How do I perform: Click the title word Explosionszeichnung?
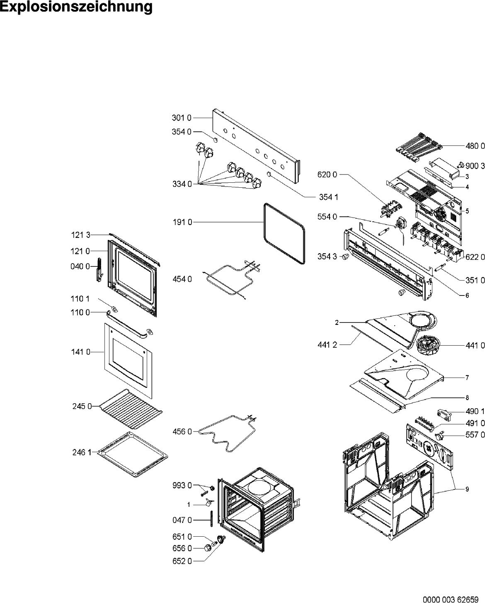point(76,7)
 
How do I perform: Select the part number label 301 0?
point(182,118)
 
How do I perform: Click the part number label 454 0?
point(182,279)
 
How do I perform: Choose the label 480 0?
point(475,146)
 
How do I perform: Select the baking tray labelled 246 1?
point(132,455)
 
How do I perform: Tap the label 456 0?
point(182,432)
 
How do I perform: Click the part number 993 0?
point(182,485)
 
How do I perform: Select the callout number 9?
point(467,489)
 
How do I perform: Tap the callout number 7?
point(467,378)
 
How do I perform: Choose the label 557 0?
point(475,435)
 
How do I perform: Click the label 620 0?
point(327,174)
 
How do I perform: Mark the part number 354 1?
point(329,197)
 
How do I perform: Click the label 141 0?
point(80,352)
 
